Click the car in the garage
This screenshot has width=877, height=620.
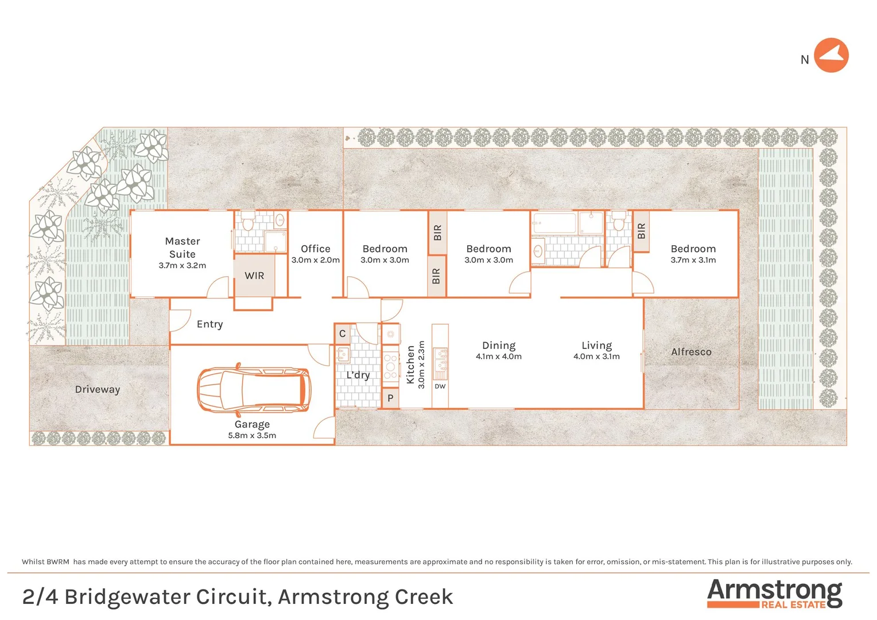254,390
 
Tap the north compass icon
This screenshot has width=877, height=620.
831,56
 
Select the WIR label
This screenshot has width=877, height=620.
254,276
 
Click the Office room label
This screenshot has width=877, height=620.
316,249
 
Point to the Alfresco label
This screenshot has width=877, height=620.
691,352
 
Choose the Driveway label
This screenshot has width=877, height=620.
98,389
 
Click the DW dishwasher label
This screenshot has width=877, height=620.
440,386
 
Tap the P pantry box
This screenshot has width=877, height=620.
390,398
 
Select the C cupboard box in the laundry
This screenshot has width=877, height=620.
342,334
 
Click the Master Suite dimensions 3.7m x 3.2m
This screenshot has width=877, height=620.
183,265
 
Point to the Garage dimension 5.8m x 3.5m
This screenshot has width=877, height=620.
252,435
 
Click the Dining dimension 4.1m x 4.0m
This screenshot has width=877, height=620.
499,356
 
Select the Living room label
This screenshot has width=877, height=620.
596,345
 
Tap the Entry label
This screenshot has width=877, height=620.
209,324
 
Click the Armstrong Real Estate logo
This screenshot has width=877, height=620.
774,594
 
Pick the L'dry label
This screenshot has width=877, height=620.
358,375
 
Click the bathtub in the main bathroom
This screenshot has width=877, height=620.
554,223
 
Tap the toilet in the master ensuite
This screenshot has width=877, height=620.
248,220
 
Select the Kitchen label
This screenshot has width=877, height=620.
410,365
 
